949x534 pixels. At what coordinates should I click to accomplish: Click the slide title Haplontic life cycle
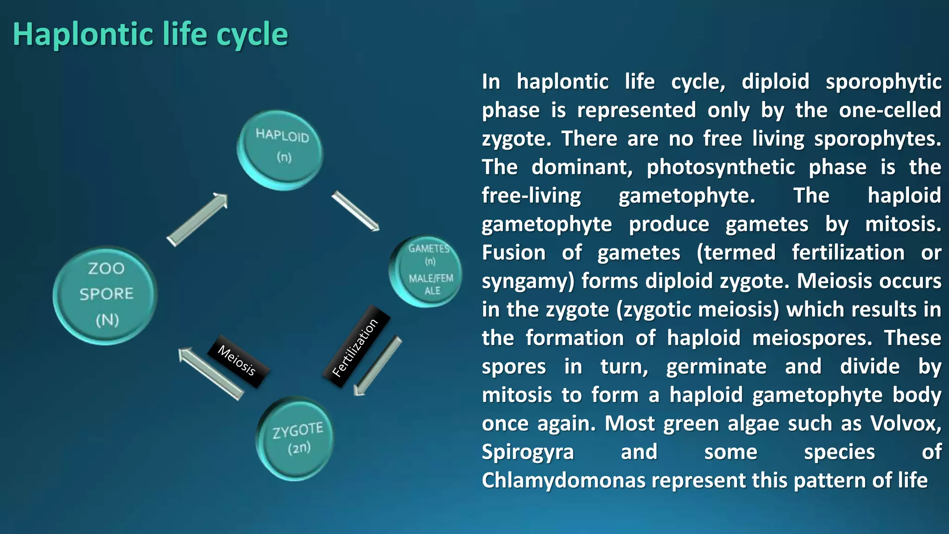coord(150,34)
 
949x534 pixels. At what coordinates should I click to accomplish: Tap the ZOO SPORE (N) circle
coord(106,295)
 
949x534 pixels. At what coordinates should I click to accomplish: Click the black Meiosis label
coord(237,361)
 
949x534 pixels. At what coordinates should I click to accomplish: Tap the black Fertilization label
coord(356,347)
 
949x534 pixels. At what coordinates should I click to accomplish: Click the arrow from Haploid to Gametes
coord(355,211)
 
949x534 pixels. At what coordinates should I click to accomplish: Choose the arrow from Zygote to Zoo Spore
coord(211,374)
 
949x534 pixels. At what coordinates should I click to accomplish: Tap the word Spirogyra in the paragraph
coord(527,452)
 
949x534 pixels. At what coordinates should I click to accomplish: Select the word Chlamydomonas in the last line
coord(563,480)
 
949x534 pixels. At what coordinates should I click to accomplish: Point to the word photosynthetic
coord(721,167)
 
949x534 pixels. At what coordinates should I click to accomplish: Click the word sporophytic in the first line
coord(883,82)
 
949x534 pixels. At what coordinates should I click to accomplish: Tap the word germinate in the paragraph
coord(716,367)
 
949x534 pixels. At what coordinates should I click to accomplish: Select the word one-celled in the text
coord(890,110)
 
